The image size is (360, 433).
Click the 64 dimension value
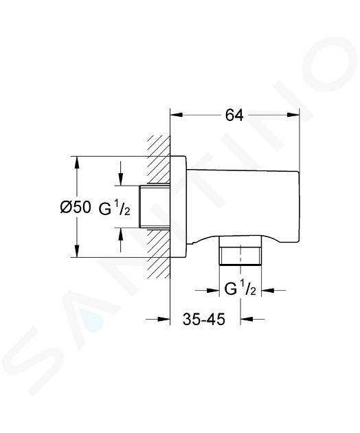234,115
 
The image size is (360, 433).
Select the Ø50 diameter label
76,207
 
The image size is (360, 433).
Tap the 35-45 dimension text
204,319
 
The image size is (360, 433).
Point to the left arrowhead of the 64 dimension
177,115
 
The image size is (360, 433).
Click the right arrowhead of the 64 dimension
293,115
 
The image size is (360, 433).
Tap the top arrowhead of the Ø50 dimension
77,163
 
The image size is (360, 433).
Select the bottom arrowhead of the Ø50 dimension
77,251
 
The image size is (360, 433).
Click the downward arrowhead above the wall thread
121,179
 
